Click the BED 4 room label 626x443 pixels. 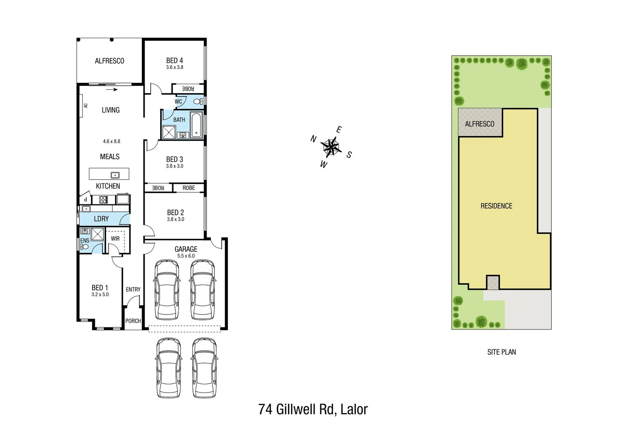tap(175, 61)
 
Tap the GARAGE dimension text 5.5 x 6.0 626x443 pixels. tap(186, 256)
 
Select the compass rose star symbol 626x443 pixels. tap(330, 147)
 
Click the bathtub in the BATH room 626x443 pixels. tap(196, 125)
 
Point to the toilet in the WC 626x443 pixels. tap(197, 101)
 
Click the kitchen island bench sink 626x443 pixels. tap(116, 175)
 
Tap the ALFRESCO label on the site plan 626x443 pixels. tap(479, 124)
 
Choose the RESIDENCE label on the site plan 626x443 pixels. tap(496, 206)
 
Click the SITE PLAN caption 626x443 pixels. tap(501, 352)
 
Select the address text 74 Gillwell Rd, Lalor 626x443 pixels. tap(313, 409)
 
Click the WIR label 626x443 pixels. tap(115, 238)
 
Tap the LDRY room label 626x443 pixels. tap(101, 219)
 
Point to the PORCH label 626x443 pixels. tap(133, 321)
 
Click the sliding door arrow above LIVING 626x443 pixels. tap(112, 89)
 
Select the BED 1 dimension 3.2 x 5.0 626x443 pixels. tap(100, 295)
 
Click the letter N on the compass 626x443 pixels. tap(313, 139)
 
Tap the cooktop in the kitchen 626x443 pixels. tap(104, 200)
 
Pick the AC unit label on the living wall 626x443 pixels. tap(86, 105)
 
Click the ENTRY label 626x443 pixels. tap(133, 290)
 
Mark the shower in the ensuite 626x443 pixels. tap(98, 234)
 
